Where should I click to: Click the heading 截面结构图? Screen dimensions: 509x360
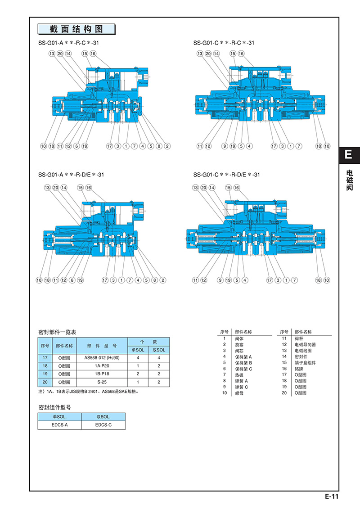(76, 29)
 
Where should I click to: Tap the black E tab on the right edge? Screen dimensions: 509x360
(349, 155)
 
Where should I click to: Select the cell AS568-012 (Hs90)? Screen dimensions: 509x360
(102, 358)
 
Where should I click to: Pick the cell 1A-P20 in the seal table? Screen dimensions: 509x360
(102, 366)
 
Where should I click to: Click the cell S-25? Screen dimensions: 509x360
(102, 382)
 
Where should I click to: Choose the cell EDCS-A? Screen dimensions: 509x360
(59, 425)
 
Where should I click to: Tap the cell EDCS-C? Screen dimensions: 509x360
(103, 425)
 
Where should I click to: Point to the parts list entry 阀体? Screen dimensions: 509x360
(239, 338)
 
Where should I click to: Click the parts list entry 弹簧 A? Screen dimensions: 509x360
(242, 380)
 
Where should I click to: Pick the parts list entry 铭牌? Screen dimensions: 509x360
(300, 368)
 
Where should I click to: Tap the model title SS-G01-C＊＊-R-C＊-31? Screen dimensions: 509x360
(224, 43)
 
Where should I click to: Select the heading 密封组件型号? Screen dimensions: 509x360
(54, 407)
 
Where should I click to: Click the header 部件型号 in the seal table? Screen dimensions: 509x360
(102, 346)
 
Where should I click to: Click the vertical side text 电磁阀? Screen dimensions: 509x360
(349, 180)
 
